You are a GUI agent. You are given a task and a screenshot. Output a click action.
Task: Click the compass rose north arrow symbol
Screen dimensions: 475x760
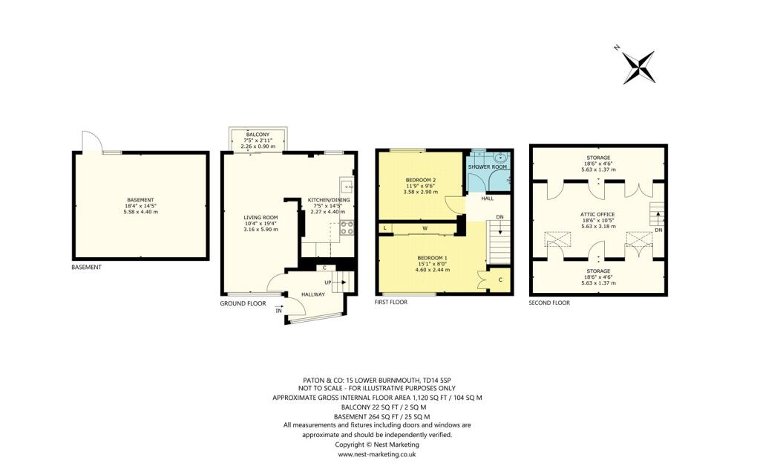point(638,67)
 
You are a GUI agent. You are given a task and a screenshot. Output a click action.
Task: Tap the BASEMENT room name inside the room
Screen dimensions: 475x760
point(140,200)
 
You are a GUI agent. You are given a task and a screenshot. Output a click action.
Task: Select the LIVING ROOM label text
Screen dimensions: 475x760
point(261,218)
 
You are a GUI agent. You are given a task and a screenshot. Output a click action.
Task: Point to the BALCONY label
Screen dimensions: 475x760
point(258,135)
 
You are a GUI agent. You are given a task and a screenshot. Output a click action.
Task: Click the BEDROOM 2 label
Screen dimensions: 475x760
point(420,180)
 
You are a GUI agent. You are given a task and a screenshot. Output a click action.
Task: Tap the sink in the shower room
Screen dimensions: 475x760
point(500,157)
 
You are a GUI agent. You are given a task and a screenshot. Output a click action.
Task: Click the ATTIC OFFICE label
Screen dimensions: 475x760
point(597,214)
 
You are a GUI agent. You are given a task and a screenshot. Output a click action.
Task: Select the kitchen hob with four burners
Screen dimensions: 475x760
point(346,228)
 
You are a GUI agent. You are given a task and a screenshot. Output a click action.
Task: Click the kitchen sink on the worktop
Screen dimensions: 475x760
point(345,186)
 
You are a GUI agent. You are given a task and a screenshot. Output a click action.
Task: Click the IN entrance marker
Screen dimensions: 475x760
point(279,311)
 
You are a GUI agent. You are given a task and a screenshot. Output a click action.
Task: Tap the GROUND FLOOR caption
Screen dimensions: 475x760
point(243,303)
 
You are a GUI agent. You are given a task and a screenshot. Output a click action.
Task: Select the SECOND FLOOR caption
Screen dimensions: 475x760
point(549,303)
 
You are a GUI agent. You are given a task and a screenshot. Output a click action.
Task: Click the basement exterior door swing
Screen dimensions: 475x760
point(89,141)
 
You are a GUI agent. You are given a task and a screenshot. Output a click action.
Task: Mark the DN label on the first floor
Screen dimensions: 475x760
point(499,217)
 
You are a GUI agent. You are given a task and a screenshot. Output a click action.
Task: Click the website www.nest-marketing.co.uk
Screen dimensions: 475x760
point(377,453)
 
